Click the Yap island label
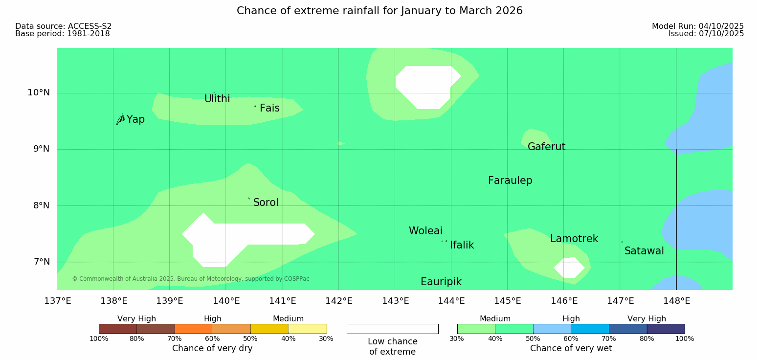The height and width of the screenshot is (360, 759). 135,119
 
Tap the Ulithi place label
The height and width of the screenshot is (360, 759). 217,99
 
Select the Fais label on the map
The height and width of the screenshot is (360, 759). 270,108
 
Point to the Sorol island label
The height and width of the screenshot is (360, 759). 266,202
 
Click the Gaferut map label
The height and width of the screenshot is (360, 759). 547,147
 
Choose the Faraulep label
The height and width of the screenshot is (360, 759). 510,180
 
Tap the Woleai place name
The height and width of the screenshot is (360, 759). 425,231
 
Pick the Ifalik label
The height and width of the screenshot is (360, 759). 462,245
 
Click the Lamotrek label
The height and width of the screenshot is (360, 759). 574,239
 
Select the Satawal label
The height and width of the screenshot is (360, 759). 644,251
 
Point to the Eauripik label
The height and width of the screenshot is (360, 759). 441,282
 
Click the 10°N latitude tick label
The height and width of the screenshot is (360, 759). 39,92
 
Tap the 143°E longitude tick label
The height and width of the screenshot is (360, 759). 396,301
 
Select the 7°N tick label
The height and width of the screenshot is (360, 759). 42,262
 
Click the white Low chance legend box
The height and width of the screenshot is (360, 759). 393,329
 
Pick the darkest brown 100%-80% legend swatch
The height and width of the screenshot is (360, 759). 118,329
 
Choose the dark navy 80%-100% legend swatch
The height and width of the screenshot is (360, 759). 666,329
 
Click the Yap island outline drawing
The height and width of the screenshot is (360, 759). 121,120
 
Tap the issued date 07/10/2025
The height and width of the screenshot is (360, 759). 721,34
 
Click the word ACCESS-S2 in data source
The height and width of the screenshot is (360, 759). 90,26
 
